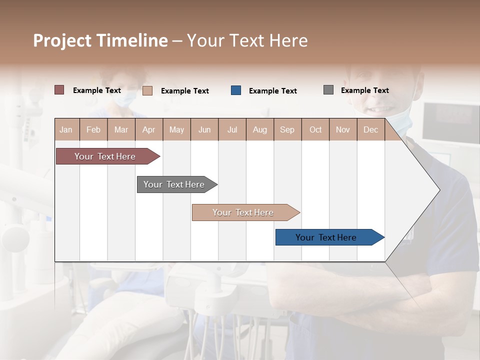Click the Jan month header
click(66, 129)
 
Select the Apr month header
click(149, 129)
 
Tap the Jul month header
click(232, 129)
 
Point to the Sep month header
click(287, 129)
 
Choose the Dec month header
click(370, 129)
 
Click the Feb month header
click(93, 129)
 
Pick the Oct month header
click(315, 129)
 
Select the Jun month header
click(204, 129)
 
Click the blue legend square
click(236, 90)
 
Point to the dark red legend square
click(59, 90)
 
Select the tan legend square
click(147, 90)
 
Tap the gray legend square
click(328, 90)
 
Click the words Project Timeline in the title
click(100, 40)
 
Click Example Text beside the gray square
click(364, 90)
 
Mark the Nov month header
click(343, 129)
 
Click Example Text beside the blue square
click(272, 91)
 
